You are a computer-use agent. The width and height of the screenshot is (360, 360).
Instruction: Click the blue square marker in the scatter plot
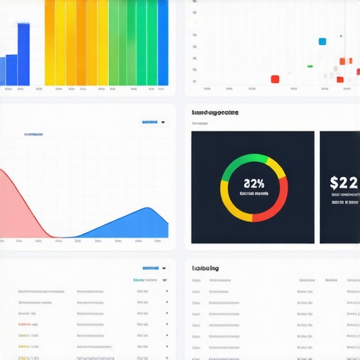click(323, 41)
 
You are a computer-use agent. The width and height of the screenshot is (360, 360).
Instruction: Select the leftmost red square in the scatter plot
click(275, 79)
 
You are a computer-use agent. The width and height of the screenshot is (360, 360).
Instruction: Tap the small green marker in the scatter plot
click(310, 66)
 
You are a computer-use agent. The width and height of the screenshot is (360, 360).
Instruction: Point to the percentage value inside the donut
click(254, 184)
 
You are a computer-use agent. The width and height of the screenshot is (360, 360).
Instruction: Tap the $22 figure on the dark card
click(344, 184)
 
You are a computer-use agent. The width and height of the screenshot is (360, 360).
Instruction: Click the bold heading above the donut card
click(215, 112)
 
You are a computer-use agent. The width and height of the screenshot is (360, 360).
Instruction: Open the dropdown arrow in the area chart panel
click(164, 122)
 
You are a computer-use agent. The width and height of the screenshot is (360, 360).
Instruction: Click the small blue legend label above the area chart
click(33, 134)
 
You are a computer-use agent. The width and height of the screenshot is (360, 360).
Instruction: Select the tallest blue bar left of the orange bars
click(23, 55)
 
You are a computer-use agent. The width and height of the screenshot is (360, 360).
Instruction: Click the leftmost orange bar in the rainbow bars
click(50, 42)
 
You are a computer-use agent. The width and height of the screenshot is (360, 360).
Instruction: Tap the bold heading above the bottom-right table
click(205, 268)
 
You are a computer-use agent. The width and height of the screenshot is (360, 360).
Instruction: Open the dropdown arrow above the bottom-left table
click(164, 268)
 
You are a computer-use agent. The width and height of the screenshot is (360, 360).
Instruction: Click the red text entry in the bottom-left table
click(25, 325)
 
